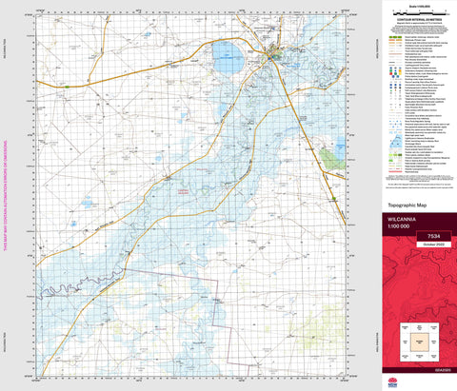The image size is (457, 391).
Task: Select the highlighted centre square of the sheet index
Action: [416, 338]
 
